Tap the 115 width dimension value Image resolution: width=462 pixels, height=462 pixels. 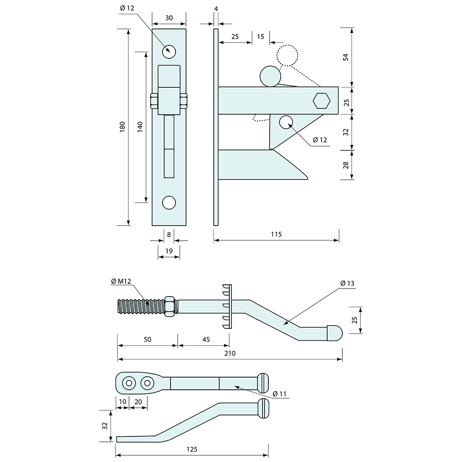[276, 234]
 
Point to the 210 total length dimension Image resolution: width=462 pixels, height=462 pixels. [230, 353]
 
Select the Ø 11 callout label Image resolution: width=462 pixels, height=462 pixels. [279, 394]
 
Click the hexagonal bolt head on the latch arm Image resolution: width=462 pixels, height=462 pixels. [321, 101]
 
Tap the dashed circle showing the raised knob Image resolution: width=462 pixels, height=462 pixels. [287, 55]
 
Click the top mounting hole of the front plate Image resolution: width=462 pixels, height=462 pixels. [169, 51]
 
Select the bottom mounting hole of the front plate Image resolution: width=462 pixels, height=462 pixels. [169, 202]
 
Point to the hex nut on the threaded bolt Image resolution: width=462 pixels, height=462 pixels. [170, 306]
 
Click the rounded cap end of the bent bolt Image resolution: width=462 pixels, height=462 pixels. [335, 333]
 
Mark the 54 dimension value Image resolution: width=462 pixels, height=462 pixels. [346, 57]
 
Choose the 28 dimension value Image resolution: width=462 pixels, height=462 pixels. [346, 165]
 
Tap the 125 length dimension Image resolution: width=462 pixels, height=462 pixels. [192, 449]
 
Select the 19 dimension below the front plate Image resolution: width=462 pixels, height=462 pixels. [169, 251]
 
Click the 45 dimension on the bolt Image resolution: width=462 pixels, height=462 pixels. [206, 339]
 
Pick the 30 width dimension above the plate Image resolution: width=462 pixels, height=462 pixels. [169, 18]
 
